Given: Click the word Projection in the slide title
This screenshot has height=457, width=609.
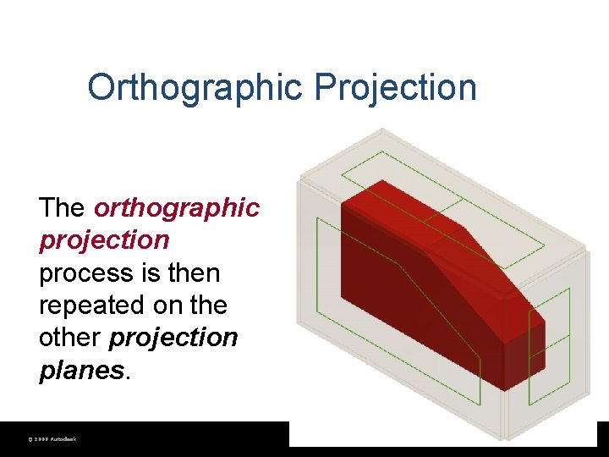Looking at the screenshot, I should pyautogui.click(x=396, y=87).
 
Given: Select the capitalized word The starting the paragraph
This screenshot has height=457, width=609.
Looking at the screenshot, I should pyautogui.click(x=62, y=207).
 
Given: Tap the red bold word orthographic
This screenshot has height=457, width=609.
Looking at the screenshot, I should pyautogui.click(x=177, y=207).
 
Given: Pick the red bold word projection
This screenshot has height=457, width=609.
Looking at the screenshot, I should pyautogui.click(x=104, y=240).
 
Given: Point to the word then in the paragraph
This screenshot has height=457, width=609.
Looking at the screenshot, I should pyautogui.click(x=194, y=273).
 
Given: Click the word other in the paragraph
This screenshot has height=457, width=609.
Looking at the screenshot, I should pyautogui.click(x=70, y=338).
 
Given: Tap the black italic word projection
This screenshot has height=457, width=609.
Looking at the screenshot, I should pyautogui.click(x=173, y=338).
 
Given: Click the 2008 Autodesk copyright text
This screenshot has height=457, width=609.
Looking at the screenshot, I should pyautogui.click(x=52, y=439).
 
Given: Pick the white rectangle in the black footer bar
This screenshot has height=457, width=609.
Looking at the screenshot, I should pyautogui.click(x=440, y=434).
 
